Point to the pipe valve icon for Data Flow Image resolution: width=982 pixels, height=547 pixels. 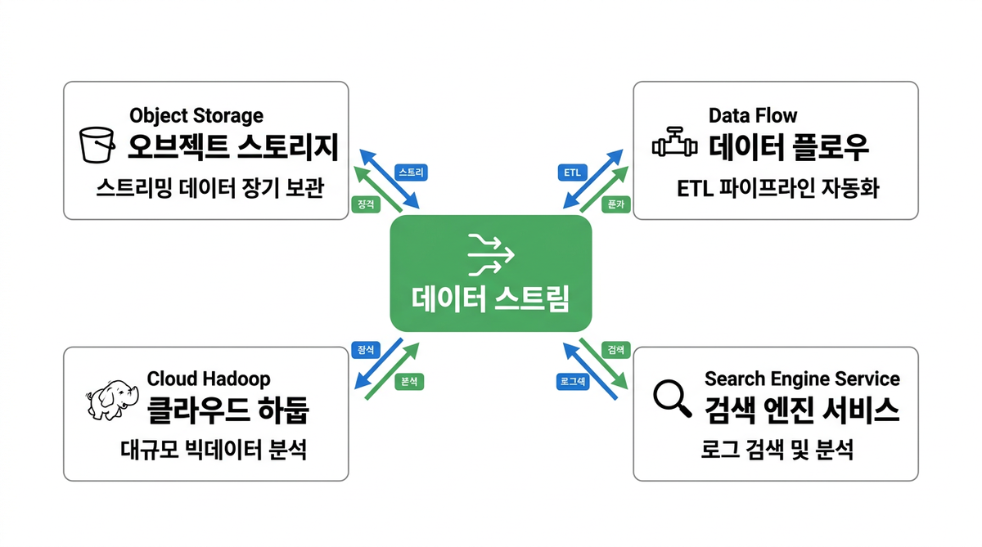click(x=674, y=146)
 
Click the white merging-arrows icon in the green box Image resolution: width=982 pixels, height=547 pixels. click(x=490, y=253)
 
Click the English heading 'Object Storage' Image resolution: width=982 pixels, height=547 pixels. click(x=196, y=115)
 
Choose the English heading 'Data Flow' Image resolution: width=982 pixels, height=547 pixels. click(x=753, y=115)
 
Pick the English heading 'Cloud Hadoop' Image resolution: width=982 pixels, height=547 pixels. click(x=209, y=379)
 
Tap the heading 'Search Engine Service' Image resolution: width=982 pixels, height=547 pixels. click(x=802, y=379)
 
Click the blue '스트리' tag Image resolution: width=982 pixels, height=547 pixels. click(x=410, y=173)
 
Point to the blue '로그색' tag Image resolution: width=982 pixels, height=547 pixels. click(x=573, y=381)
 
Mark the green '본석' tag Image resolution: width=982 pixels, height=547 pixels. click(x=410, y=381)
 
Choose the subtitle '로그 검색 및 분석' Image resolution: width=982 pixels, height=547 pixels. click(x=777, y=450)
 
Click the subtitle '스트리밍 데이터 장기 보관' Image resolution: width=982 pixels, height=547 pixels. click(x=210, y=190)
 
